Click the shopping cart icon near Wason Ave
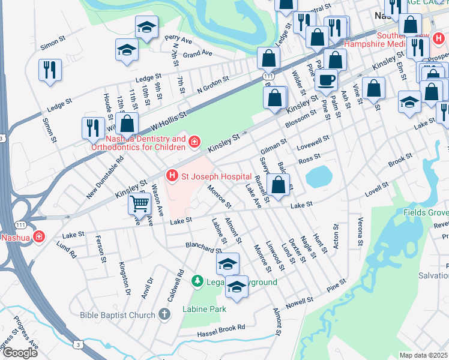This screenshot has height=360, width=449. coord(140,204)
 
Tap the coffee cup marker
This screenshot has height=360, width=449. coord(327,80)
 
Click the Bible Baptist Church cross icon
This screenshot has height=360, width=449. coord(165,314)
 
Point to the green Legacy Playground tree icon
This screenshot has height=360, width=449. coord(197,281)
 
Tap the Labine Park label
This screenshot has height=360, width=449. coord(204,309)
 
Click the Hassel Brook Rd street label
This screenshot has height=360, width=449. coord(222,328)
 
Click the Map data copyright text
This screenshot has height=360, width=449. coord(424,355)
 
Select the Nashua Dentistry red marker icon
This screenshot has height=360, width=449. coord(194,142)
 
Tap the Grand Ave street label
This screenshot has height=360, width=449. coord(198,54)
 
